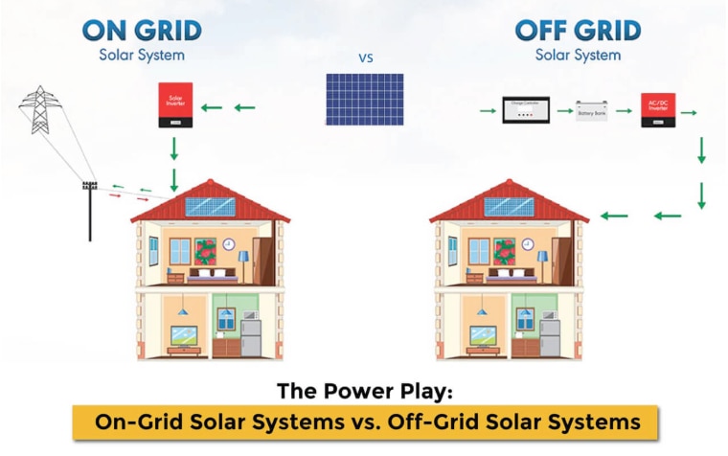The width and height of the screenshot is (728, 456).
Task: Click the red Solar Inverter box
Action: [175, 104]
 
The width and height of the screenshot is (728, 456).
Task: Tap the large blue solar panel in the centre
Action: [364, 99]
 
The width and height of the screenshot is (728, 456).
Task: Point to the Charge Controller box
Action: [526, 111]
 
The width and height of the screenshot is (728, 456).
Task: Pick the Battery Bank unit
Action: [591, 112]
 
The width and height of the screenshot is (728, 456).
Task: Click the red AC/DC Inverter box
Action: [658, 110]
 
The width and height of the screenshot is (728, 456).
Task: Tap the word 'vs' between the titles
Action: [365, 57]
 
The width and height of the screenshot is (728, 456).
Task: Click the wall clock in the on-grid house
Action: [229, 244]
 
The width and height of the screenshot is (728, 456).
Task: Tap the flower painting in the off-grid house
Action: [505, 251]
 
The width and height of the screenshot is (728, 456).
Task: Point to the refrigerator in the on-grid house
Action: [250, 337]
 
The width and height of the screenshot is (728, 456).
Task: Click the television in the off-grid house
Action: [483, 335]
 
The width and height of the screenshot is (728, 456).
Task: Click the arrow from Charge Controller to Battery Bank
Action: [562, 112]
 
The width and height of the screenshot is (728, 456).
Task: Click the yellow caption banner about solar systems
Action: [365, 422]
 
